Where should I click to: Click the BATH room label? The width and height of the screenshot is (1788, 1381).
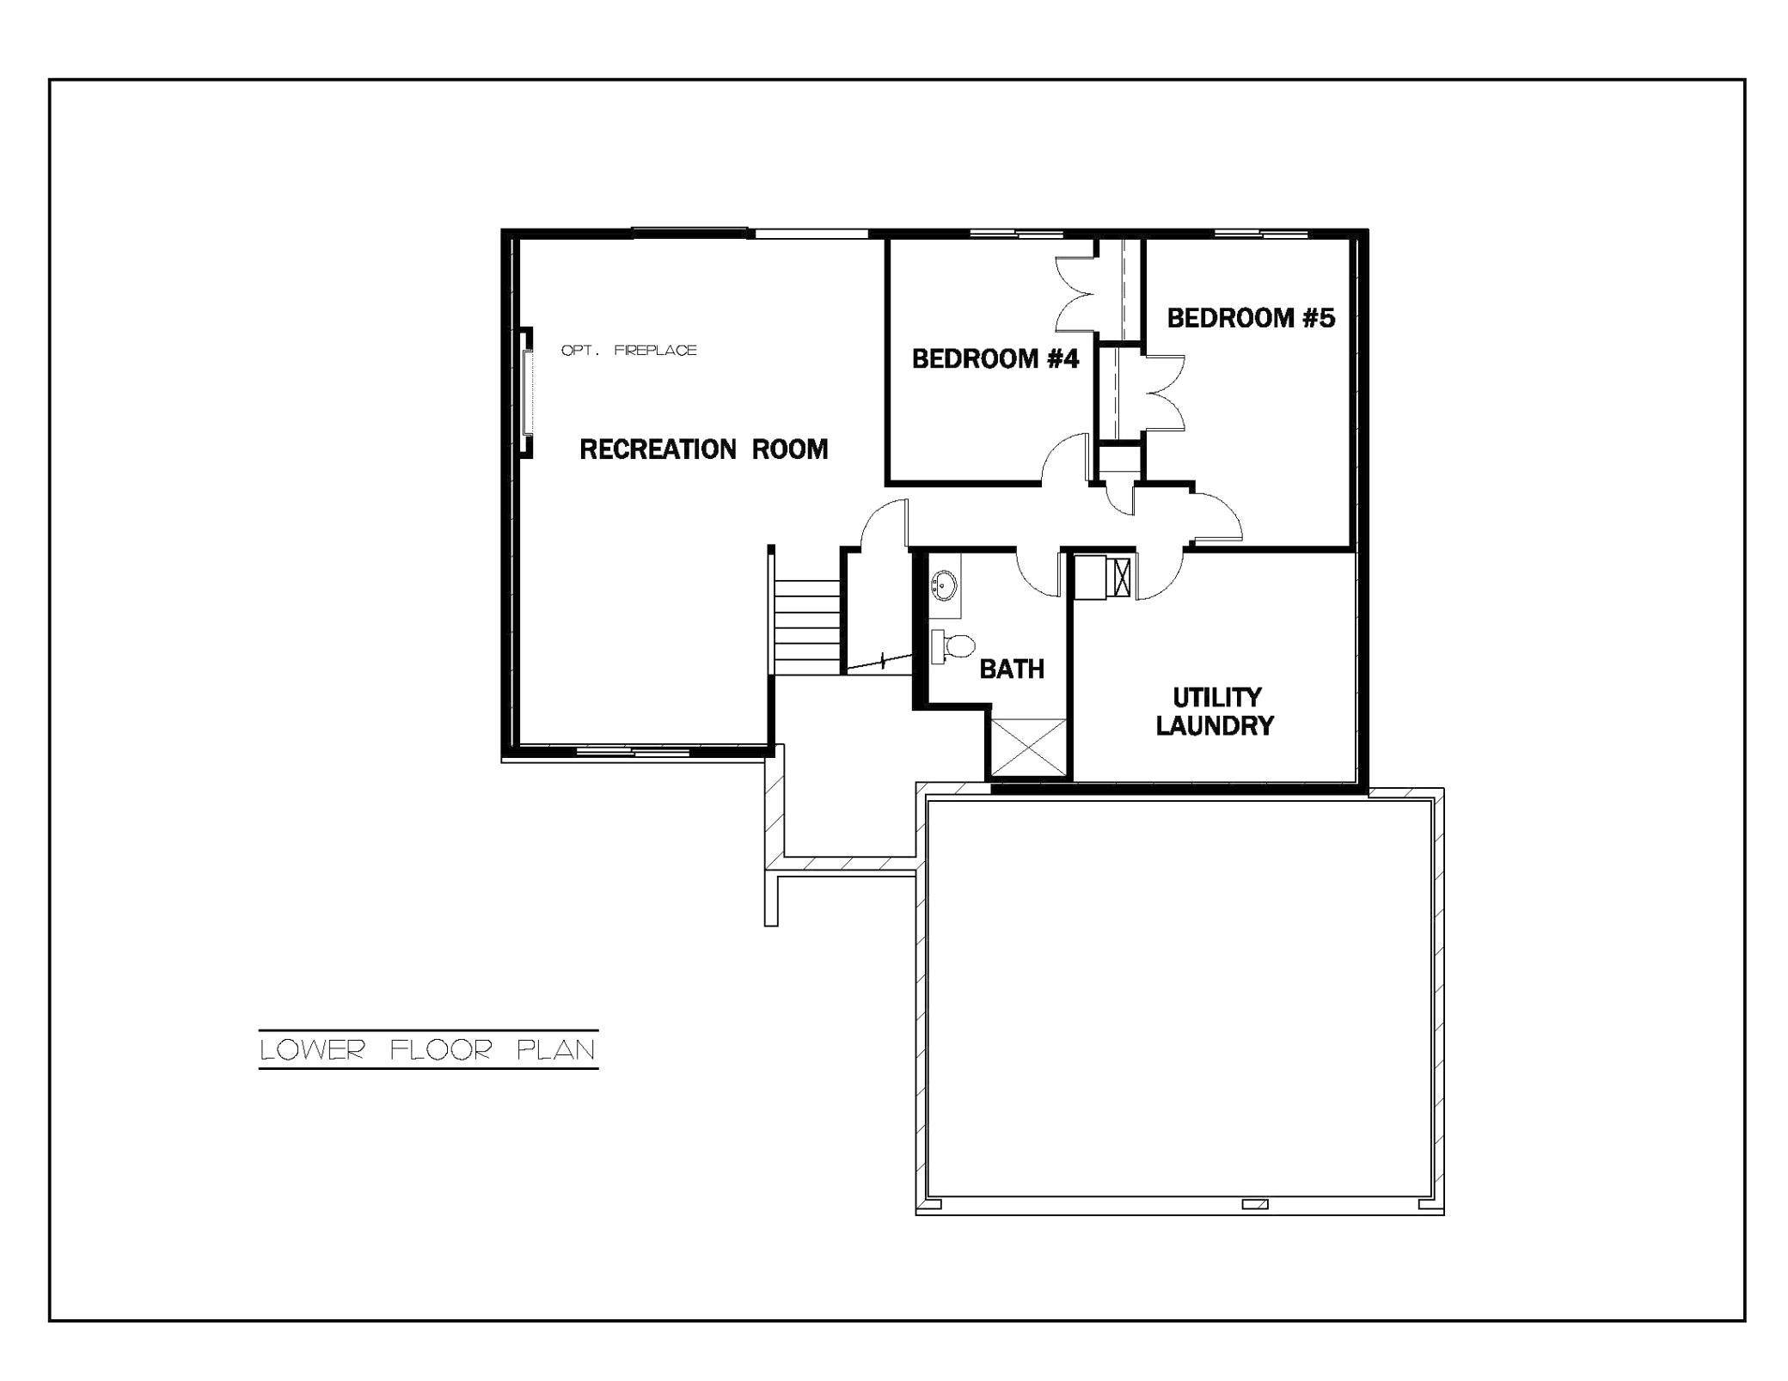click(x=1012, y=669)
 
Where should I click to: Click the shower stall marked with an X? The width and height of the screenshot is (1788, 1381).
click(x=1029, y=747)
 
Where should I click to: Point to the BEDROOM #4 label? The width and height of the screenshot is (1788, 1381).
click(x=995, y=358)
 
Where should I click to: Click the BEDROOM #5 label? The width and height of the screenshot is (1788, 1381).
click(x=1251, y=318)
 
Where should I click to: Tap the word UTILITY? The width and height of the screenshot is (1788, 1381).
click(x=1216, y=697)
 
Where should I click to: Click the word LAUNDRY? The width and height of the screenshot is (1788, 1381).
click(x=1214, y=726)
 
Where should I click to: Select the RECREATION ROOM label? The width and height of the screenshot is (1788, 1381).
click(x=703, y=449)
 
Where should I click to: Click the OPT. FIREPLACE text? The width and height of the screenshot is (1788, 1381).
click(x=628, y=351)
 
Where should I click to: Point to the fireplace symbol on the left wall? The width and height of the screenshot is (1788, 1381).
click(x=525, y=394)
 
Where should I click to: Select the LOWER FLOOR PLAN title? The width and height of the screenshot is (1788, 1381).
click(x=428, y=1049)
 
